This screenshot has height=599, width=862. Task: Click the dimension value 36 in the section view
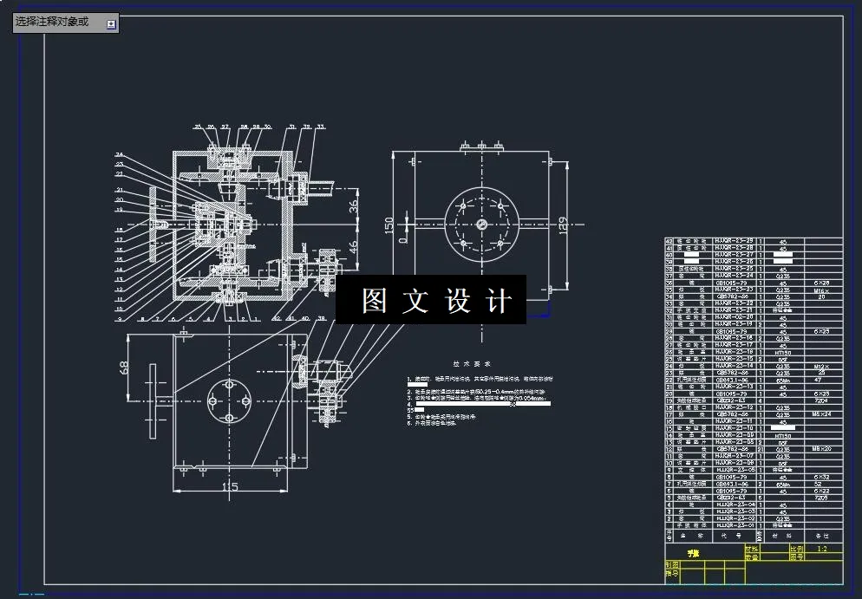[353, 206]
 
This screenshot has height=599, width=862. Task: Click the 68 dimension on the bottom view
[125, 368]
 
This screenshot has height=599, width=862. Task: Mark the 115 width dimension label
[229, 488]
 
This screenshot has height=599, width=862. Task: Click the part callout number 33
[320, 127]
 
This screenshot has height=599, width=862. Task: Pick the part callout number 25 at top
[198, 127]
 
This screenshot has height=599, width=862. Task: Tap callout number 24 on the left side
[119, 155]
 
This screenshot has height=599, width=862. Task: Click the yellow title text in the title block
[692, 551]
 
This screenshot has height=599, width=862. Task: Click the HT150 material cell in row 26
[783, 351]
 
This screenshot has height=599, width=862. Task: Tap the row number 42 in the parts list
[669, 241]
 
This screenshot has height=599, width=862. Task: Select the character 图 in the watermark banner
[375, 301]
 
